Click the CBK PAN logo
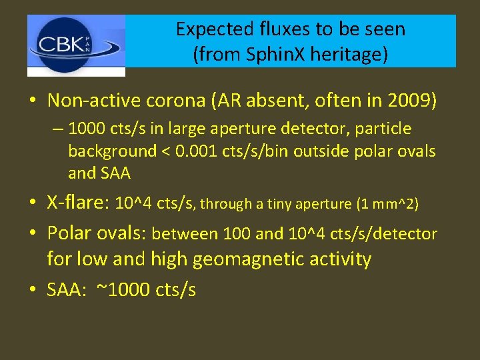[x=76, y=45]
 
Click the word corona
[x=183, y=101]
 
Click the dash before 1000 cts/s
[x=59, y=129]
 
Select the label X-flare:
[x=79, y=203]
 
